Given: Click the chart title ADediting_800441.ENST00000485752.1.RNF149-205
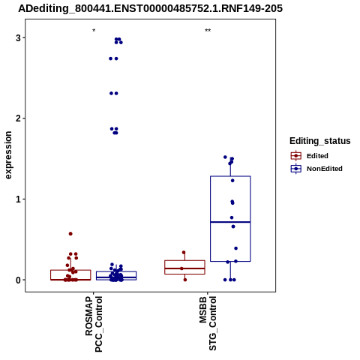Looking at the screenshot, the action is tap(150, 8).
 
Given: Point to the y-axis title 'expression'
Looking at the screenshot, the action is tap(8, 155).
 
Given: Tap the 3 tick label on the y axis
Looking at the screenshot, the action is tap(18, 37).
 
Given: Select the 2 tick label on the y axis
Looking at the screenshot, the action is tap(18, 118).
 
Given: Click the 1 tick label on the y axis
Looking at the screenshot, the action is tap(18, 199).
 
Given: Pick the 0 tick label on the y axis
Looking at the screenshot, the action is tap(18, 280).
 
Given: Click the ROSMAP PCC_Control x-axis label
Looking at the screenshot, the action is tap(94, 324).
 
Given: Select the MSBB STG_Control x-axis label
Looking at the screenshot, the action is tap(208, 323).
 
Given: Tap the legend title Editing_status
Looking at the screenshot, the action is tap(320, 141).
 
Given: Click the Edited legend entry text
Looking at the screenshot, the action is tap(317, 156).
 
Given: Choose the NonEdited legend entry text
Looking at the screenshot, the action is tap(325, 169).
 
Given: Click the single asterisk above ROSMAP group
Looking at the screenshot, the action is tap(94, 31).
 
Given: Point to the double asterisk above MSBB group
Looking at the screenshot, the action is tap(208, 31).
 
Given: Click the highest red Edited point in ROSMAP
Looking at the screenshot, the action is tap(70, 234).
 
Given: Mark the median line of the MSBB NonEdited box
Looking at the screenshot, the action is tap(230, 222).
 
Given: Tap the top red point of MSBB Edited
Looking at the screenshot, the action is tap(184, 252).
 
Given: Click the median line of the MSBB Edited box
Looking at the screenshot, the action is tap(184, 268).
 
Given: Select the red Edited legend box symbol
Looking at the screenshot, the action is tap(296, 156).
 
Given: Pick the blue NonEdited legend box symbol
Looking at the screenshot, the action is tap(296, 169).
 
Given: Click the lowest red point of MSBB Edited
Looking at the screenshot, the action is tap(185, 280).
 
